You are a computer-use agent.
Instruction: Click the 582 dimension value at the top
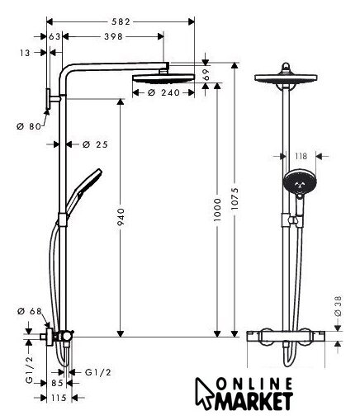tap(121, 21)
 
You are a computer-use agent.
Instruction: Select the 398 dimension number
tap(113, 36)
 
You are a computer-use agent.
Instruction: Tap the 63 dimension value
tap(54, 36)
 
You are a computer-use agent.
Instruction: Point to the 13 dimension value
tap(25, 53)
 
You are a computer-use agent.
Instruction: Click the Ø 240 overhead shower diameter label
tap(163, 92)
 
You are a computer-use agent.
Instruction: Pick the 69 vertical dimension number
tap(206, 74)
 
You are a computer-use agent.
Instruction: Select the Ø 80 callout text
tap(29, 126)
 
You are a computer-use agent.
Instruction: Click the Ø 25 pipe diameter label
tap(95, 144)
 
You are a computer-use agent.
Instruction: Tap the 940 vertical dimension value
tap(121, 216)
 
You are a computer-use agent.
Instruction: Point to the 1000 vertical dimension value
tap(217, 210)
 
